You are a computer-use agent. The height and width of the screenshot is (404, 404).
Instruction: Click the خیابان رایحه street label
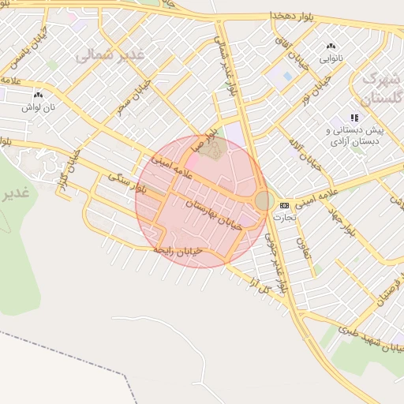coord(178,251)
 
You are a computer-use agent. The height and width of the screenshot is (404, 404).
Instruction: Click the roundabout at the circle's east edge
coord(263,201)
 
